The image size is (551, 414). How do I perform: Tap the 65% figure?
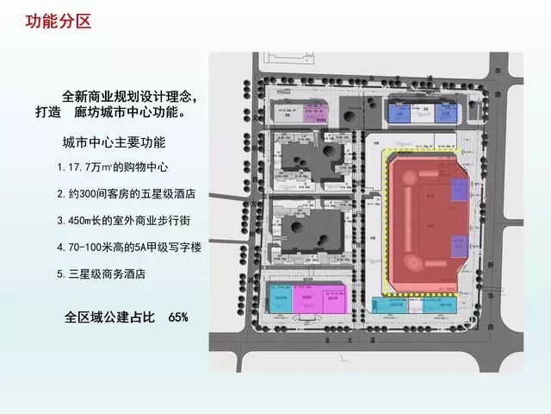178,317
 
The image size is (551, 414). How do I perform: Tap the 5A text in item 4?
144,248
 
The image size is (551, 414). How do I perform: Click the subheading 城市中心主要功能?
114,142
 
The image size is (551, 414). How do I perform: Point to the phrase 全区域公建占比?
108,317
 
